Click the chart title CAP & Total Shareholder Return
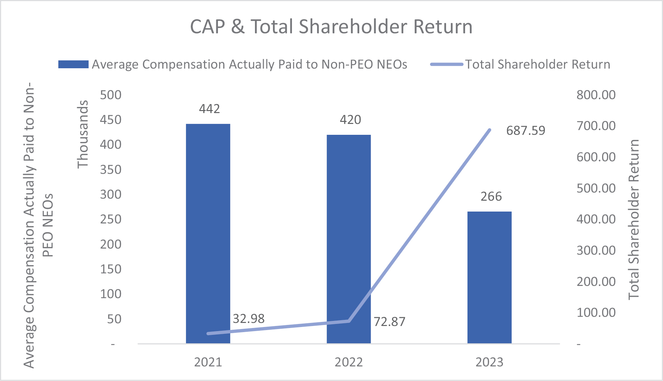click(331, 26)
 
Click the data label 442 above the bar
click(209, 109)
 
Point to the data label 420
click(350, 120)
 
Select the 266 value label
click(491, 196)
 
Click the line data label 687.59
click(526, 130)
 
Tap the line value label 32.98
click(248, 319)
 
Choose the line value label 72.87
click(389, 322)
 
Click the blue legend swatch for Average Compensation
click(73, 64)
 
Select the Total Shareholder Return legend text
click(537, 64)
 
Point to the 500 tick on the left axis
click(111, 95)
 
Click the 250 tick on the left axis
click(111, 219)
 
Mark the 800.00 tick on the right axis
click(596, 95)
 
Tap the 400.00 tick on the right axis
click(596, 219)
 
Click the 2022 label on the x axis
click(349, 362)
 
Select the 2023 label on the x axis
click(489, 362)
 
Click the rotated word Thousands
click(82, 134)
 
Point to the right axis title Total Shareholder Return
click(633, 219)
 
